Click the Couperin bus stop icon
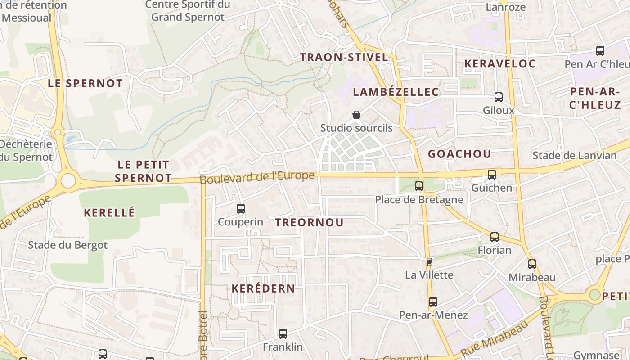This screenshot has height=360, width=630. (x=241, y=209)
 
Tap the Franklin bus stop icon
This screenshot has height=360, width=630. (x=283, y=334)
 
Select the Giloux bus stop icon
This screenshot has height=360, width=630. (x=499, y=97)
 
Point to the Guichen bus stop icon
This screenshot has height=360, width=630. (x=492, y=175)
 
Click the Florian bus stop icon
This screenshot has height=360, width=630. (x=495, y=237)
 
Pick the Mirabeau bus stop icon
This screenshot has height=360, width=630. (x=532, y=264)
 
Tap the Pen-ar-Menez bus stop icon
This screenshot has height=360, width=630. (x=433, y=302)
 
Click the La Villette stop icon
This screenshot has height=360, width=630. (x=429, y=261)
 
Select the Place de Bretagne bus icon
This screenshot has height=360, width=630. (x=419, y=186)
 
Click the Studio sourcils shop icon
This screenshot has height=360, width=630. (x=356, y=115)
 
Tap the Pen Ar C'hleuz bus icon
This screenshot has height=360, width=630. (x=600, y=51)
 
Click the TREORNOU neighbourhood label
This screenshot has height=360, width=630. (x=309, y=222)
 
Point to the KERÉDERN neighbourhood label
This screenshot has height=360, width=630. (x=263, y=289)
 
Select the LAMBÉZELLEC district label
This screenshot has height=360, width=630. (x=396, y=92)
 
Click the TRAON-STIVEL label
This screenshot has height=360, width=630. (x=344, y=58)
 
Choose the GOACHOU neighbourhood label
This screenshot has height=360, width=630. (x=459, y=154)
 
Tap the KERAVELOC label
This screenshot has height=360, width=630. (x=500, y=64)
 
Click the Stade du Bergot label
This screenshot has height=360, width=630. (x=68, y=245)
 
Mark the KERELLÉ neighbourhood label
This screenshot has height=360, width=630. (x=109, y=213)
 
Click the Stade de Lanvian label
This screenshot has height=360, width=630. (x=574, y=156)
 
